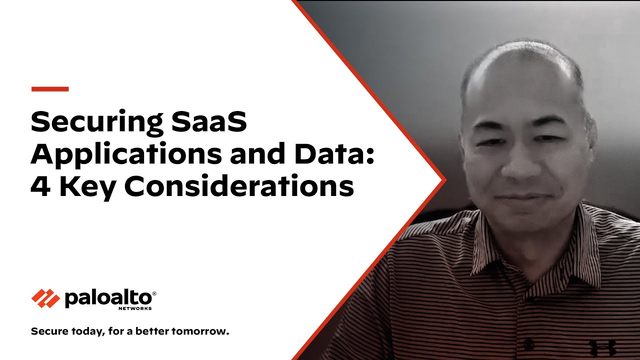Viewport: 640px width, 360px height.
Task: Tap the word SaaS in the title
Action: [209, 121]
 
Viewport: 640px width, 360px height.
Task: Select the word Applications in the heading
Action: [126, 154]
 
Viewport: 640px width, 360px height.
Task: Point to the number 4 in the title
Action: [40, 185]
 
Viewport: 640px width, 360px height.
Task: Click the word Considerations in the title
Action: [239, 185]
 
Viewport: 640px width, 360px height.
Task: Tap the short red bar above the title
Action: [50, 89]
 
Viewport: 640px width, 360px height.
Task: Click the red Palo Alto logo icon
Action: [45, 298]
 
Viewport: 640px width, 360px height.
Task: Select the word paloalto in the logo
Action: [108, 298]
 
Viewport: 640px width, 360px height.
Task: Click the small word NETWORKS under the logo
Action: [135, 308]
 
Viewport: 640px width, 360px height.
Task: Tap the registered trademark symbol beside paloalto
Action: [154, 293]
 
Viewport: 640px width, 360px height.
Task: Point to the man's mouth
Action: [517, 197]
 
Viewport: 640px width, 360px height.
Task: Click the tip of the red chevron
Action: [446, 180]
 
